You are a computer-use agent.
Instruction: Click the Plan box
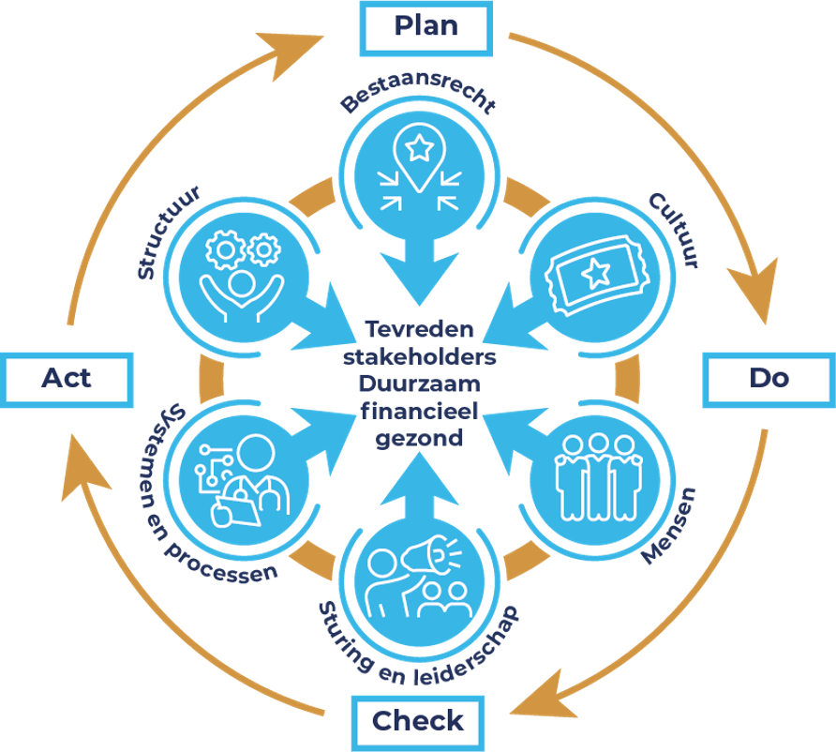pos(426,26)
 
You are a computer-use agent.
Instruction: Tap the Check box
pos(417,721)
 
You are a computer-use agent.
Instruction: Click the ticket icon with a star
pos(593,273)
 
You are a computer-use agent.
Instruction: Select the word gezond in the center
pos(418,437)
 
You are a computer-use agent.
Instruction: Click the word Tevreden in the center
pos(419,330)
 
